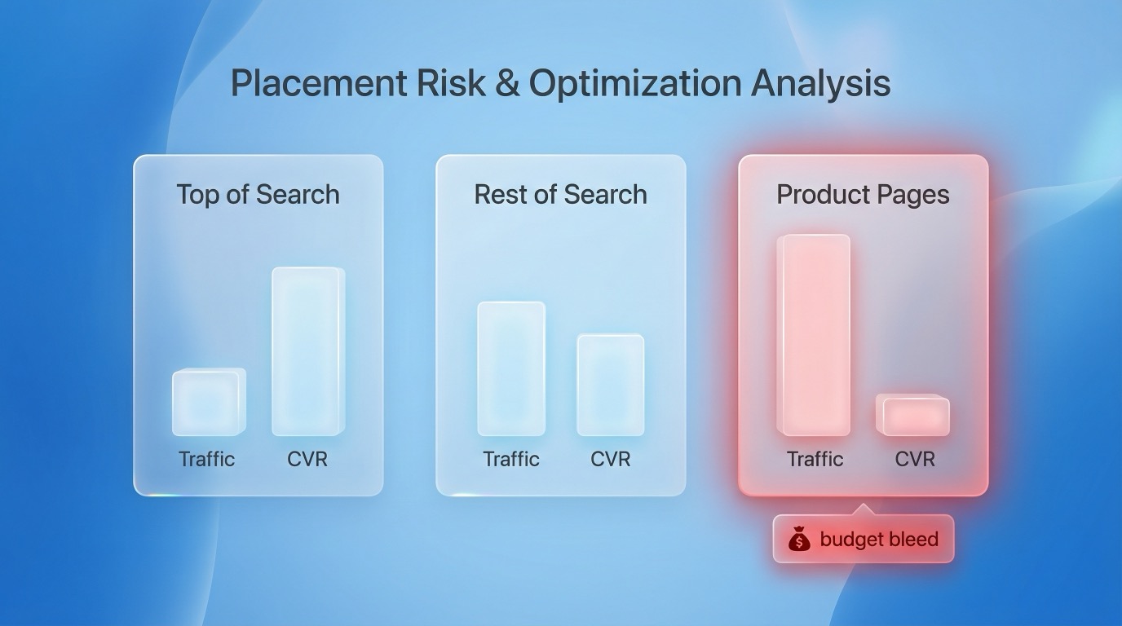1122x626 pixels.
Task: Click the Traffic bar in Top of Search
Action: pos(208,402)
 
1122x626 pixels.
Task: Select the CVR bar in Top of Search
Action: pos(307,351)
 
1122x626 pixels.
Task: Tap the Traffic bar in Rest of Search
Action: pos(511,368)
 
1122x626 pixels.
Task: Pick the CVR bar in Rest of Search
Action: pos(610,385)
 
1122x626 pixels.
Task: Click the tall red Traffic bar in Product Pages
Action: pos(813,335)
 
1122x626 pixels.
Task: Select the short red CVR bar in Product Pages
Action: pos(912,416)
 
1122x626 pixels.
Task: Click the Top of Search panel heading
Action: pos(258,195)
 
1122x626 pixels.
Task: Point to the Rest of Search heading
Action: pos(560,195)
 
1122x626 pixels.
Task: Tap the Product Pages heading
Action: pos(863,195)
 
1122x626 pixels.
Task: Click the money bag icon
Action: pos(799,540)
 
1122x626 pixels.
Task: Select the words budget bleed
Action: pos(879,540)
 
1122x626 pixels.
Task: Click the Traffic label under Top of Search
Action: pos(207,459)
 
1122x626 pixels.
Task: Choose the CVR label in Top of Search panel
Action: pos(307,459)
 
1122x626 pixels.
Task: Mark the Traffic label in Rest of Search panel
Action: pos(511,459)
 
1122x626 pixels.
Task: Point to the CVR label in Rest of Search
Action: pos(611,459)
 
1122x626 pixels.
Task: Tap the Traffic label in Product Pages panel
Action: pos(815,459)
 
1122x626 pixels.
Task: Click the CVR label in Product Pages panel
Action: pos(915,459)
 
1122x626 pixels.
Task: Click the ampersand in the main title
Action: pos(506,83)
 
